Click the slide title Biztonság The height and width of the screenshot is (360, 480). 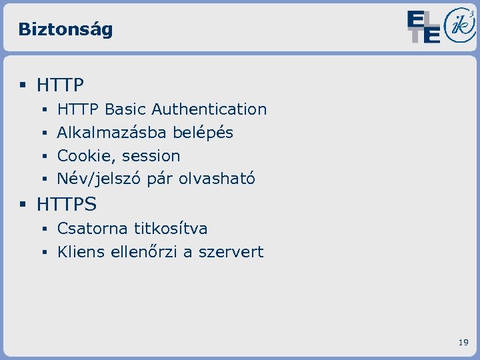point(65,29)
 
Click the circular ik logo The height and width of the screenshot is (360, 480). point(459,26)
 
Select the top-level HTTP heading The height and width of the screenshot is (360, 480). point(60,85)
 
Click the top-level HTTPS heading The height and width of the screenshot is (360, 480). point(67,203)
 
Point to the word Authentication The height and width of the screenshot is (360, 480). point(209,109)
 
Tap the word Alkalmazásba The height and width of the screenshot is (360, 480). point(112,133)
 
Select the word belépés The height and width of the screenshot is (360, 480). point(203,133)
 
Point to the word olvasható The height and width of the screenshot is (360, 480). point(217,179)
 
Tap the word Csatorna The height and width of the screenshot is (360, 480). point(93,229)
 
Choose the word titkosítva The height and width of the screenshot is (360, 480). point(171,229)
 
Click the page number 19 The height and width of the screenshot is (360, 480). point(463,343)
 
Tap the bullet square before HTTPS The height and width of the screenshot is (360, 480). point(23,203)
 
